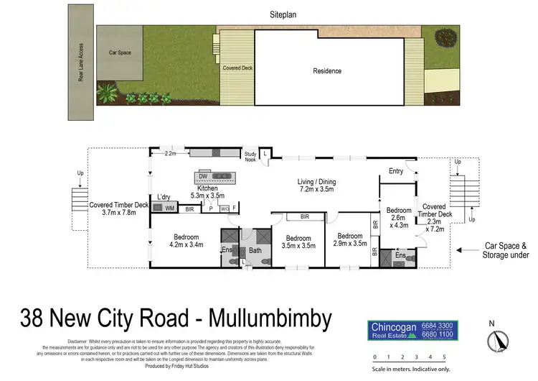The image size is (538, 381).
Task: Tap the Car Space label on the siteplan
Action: pyautogui.click(x=120, y=52)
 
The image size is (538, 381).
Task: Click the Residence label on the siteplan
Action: pyautogui.click(x=326, y=71)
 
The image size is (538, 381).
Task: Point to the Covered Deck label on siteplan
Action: pyautogui.click(x=237, y=68)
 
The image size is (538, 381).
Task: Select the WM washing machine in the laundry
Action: pyautogui.click(x=170, y=208)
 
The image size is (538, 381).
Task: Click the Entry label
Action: pyautogui.click(x=396, y=171)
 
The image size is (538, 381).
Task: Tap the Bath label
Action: pyautogui.click(x=254, y=250)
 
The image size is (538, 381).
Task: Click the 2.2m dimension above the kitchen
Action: pyautogui.click(x=170, y=154)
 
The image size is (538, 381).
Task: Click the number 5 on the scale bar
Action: pyautogui.click(x=444, y=357)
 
